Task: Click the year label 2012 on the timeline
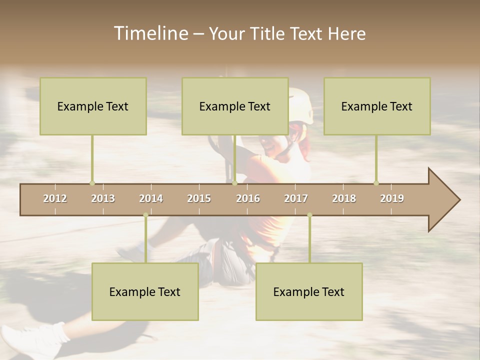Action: (55, 198)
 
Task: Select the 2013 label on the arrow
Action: (103, 198)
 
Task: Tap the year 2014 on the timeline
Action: (151, 198)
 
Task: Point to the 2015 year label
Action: (199, 198)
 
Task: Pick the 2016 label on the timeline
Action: (248, 198)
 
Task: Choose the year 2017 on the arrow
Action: (296, 198)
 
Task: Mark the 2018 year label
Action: (344, 198)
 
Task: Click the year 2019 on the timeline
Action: (392, 198)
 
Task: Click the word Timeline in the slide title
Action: (150, 33)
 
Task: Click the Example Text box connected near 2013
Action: (93, 106)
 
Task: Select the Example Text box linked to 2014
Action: (145, 291)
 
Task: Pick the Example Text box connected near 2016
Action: (235, 106)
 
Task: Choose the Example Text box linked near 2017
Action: (309, 291)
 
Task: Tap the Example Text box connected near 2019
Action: (377, 106)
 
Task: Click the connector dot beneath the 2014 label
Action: (146, 215)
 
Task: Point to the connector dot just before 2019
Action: (376, 183)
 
